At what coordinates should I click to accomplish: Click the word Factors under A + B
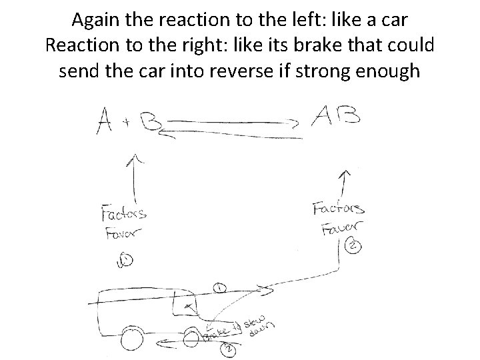click(x=124, y=215)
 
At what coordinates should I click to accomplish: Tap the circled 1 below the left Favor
click(x=123, y=262)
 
